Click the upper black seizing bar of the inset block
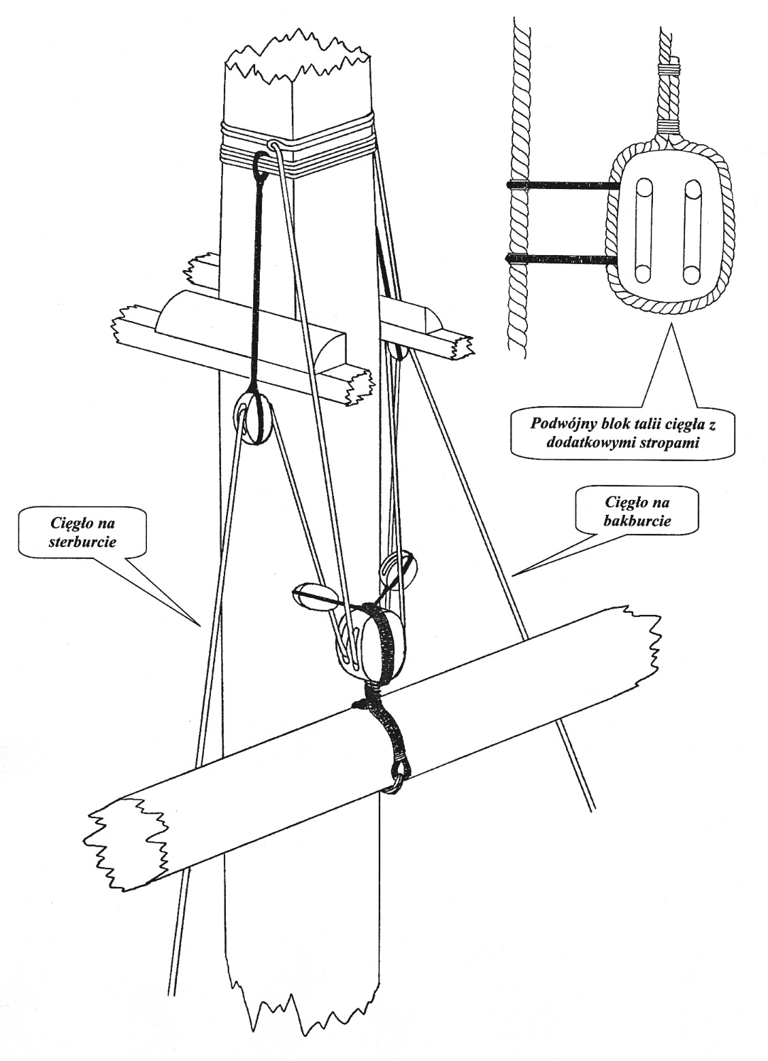(x=563, y=185)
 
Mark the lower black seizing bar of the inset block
(x=563, y=258)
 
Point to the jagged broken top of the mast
(x=299, y=51)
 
